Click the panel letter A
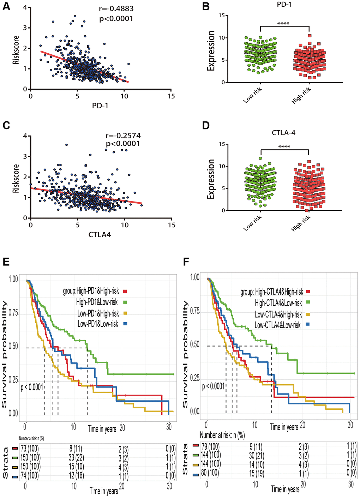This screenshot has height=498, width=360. click(x=6, y=7)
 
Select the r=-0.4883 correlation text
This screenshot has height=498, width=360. click(x=116, y=9)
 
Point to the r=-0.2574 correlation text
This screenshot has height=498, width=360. click(x=123, y=136)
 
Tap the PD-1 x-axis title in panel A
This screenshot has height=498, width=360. click(x=100, y=105)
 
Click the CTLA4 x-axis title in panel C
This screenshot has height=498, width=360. click(x=100, y=234)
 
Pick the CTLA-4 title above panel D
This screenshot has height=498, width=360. click(x=283, y=133)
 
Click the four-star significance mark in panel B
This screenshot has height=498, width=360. click(x=283, y=24)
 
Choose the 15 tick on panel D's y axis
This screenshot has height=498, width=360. click(x=221, y=144)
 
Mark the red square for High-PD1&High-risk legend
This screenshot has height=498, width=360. click(x=125, y=291)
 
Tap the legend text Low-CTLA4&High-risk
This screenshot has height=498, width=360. click(x=278, y=314)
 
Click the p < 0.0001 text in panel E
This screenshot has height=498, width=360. click(x=32, y=387)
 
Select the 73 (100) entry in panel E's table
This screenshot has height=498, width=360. click(x=31, y=449)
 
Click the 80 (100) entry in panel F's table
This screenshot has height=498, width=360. click(x=210, y=473)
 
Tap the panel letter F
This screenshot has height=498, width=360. click(x=187, y=262)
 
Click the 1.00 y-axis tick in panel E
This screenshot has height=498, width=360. click(x=13, y=280)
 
